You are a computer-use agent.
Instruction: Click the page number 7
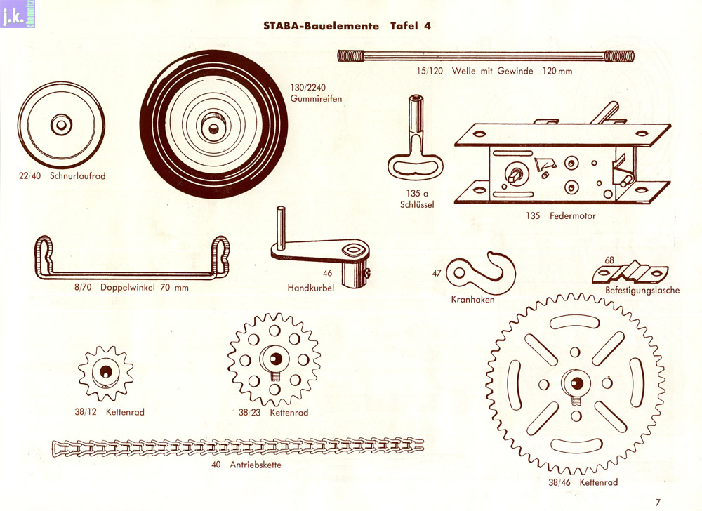click(658, 501)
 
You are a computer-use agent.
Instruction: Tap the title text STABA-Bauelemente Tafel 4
click(347, 27)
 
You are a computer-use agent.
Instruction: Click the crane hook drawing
click(484, 270)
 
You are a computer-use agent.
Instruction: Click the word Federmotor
click(570, 216)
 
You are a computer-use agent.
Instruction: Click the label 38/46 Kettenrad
click(583, 482)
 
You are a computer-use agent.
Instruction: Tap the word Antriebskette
click(256, 464)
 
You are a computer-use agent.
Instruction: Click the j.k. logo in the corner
click(14, 15)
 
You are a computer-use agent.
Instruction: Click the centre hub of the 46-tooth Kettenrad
click(576, 383)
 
